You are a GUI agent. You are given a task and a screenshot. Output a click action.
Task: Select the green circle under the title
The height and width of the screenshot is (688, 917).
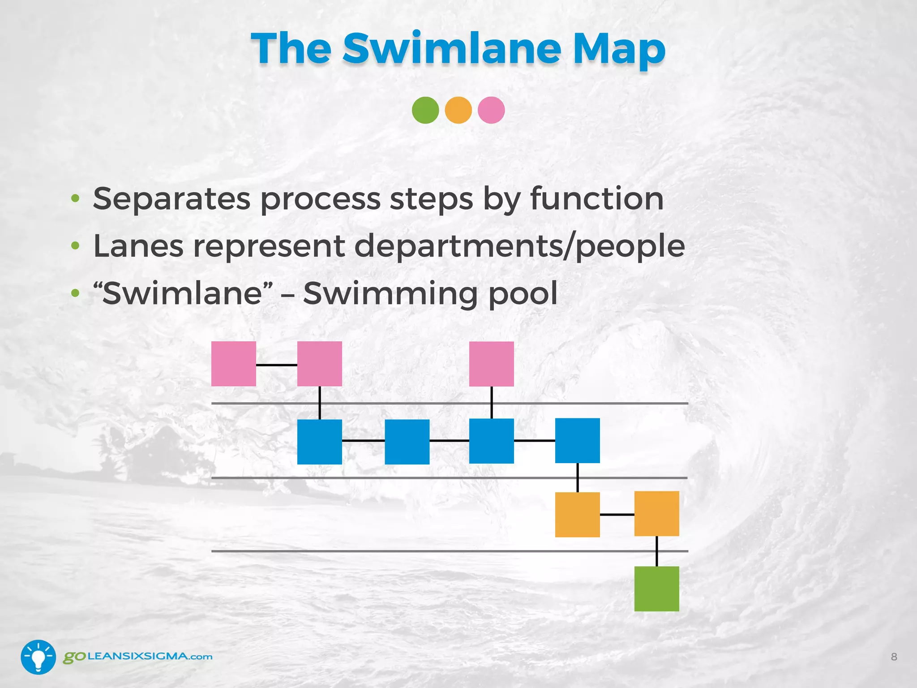pyautogui.click(x=425, y=110)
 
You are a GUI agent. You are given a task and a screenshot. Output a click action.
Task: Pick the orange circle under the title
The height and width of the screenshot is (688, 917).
pyautogui.click(x=458, y=110)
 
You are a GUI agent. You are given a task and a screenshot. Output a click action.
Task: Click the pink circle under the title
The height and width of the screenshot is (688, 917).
pyautogui.click(x=491, y=110)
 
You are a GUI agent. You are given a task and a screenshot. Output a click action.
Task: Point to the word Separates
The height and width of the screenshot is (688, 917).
pyautogui.click(x=171, y=199)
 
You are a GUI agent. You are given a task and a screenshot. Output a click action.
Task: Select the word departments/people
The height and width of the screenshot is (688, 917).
pyautogui.click(x=519, y=247)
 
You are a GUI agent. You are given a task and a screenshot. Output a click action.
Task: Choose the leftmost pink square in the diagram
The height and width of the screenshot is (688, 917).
pyautogui.click(x=234, y=364)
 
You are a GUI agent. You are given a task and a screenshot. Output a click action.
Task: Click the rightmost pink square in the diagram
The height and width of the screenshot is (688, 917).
pyautogui.click(x=491, y=364)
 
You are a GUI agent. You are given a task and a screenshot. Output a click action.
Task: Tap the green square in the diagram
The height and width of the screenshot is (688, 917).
pyautogui.click(x=656, y=589)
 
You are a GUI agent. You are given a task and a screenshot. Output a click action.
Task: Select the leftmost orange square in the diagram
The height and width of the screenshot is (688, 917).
pyautogui.click(x=577, y=514)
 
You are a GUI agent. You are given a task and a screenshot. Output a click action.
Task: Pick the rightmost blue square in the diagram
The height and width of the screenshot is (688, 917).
pyautogui.click(x=577, y=440)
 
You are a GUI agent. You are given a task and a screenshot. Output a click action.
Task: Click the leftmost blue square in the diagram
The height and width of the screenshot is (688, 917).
pyautogui.click(x=319, y=442)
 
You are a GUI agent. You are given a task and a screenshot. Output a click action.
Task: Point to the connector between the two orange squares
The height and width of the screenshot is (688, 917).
pyautogui.click(x=617, y=515)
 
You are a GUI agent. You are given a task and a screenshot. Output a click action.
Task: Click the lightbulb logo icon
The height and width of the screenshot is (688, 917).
pyautogui.click(x=39, y=657)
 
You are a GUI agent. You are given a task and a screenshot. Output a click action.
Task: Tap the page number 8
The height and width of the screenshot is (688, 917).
pyautogui.click(x=894, y=657)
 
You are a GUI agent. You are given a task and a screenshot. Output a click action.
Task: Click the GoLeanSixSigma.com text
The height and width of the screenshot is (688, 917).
pyautogui.click(x=137, y=657)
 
